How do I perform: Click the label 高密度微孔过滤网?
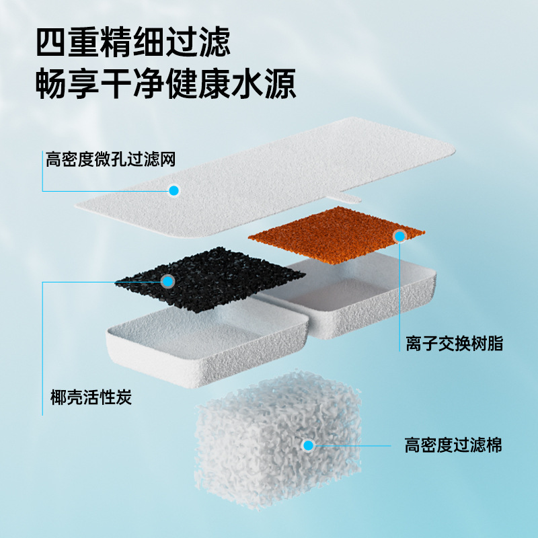[110, 159]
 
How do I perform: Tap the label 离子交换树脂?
[454, 344]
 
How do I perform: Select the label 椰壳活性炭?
[91, 397]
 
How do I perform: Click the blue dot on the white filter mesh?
[174, 190]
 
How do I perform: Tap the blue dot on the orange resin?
[400, 235]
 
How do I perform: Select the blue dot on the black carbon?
[167, 281]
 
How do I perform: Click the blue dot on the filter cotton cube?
[308, 445]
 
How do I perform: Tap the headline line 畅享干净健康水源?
[166, 85]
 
